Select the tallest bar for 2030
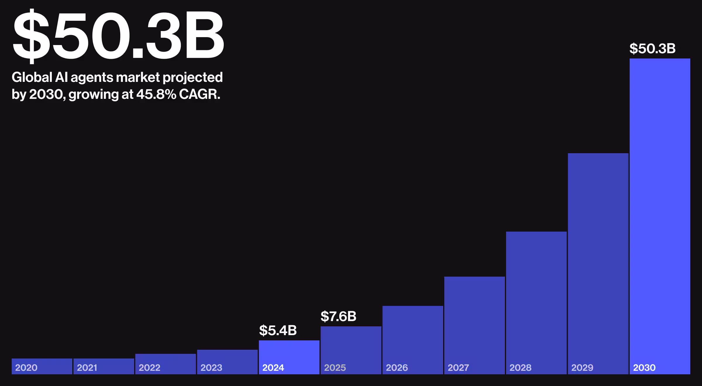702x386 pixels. [660, 205]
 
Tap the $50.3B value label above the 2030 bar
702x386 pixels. [652, 49]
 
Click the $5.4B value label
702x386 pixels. [278, 330]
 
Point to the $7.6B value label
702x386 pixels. [338, 316]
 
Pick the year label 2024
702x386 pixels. [273, 368]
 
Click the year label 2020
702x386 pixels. [26, 368]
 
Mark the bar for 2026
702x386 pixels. [412, 333]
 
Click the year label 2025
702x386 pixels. [335, 368]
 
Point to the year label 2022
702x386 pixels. [149, 368]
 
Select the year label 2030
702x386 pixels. [644, 368]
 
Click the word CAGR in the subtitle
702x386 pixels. [199, 94]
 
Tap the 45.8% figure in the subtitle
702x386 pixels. [156, 94]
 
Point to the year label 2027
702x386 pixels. [458, 368]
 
